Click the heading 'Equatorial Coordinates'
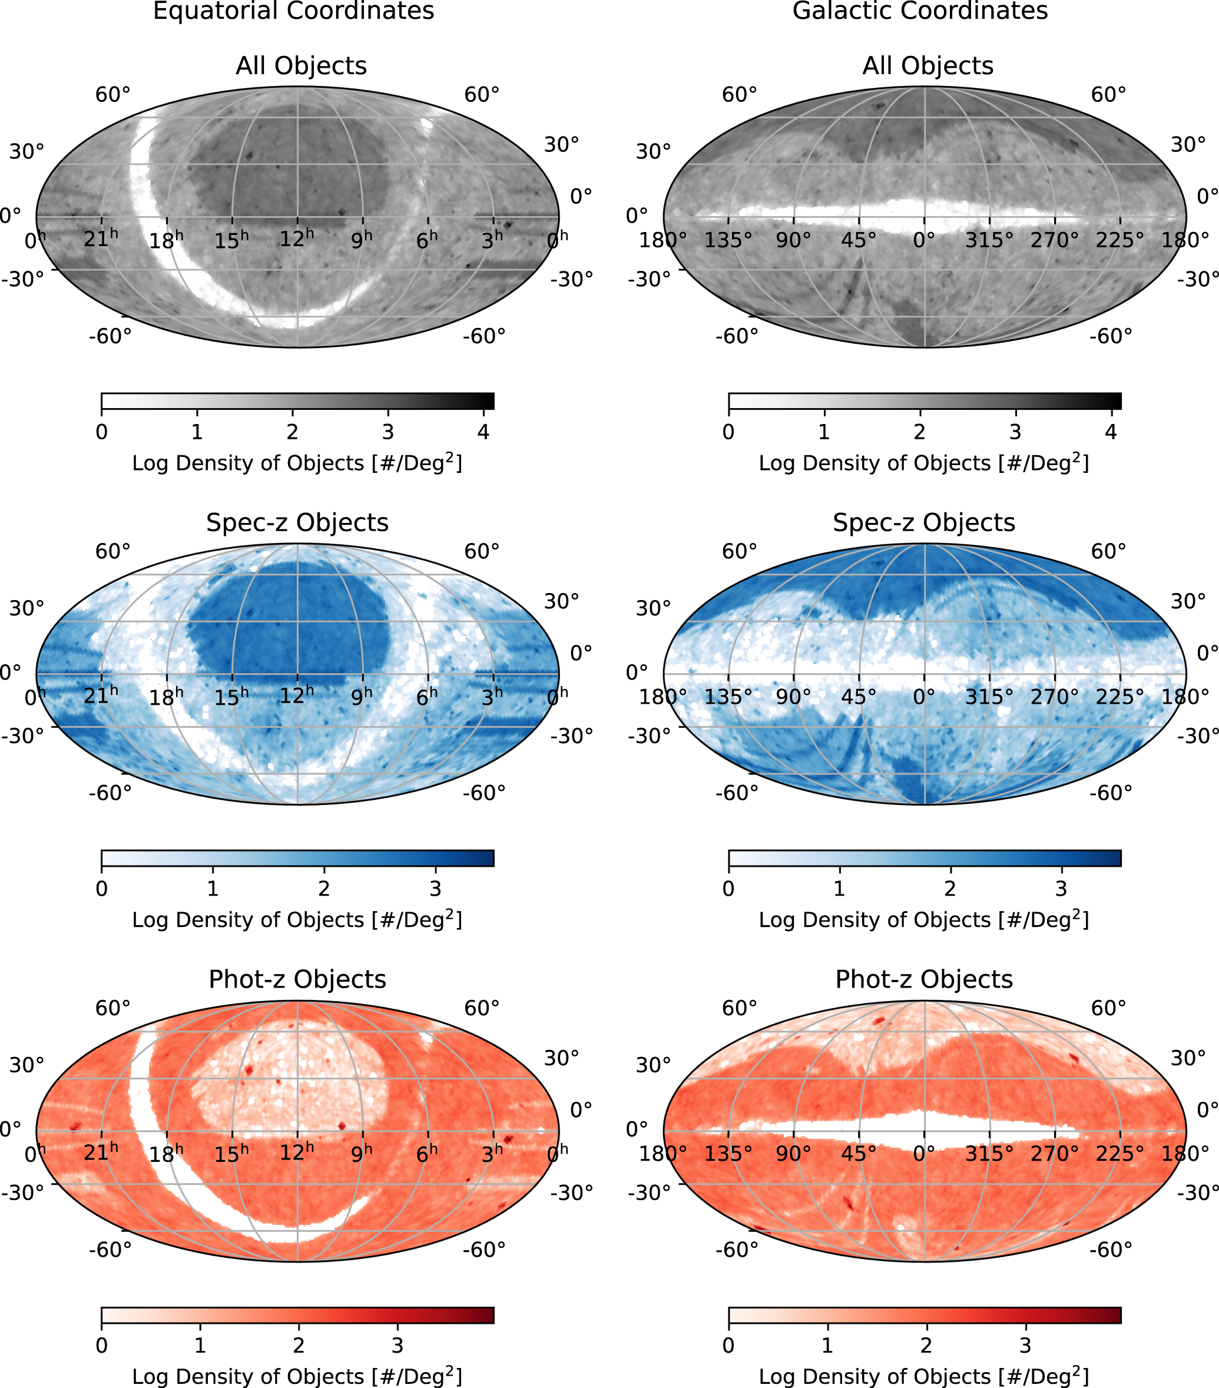point(293,12)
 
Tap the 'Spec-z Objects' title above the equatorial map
point(297,523)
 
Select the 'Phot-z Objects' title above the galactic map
point(923,980)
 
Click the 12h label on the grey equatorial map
point(297,239)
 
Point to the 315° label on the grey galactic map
point(989,240)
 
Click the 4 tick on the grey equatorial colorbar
point(483,432)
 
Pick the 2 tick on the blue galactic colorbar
point(949,889)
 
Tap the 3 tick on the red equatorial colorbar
point(397,1345)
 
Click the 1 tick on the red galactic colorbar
point(826,1345)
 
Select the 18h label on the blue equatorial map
point(165,697)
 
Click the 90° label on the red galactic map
point(793,1154)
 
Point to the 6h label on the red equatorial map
point(427,1153)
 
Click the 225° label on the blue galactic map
point(1119,697)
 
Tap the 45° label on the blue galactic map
point(859,697)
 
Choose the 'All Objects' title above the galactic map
point(927,66)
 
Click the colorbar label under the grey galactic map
point(923,463)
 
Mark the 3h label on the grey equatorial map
point(492,239)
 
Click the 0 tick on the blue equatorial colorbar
point(102,889)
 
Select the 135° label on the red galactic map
point(727,1154)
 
